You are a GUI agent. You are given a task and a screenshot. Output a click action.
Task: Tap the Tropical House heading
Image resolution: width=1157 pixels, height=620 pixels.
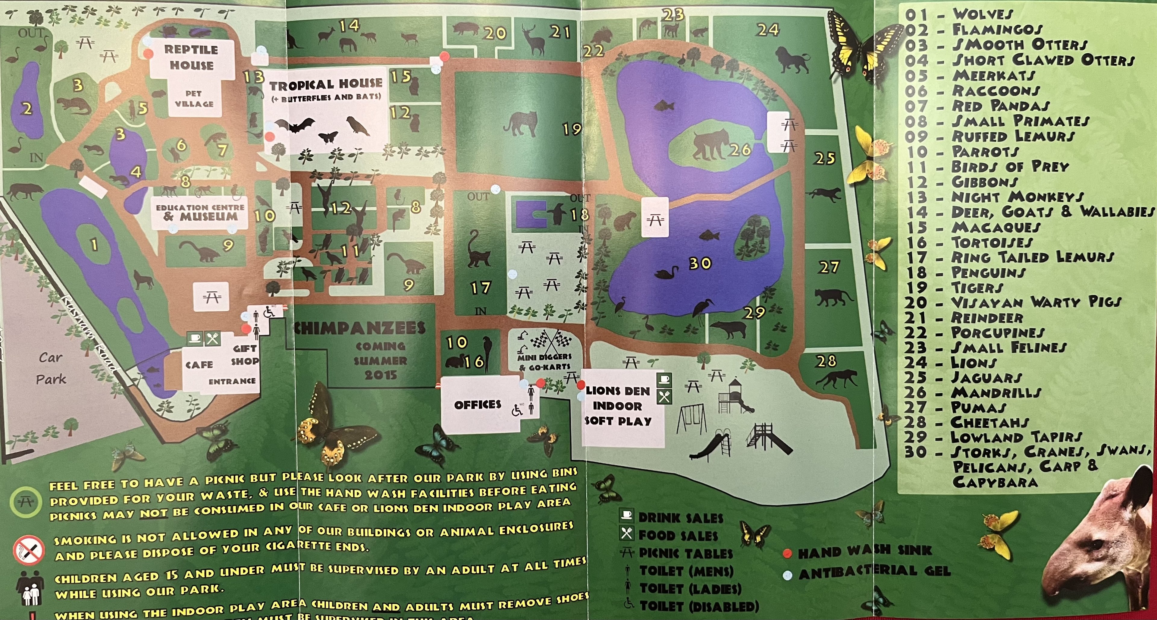(x=326, y=84)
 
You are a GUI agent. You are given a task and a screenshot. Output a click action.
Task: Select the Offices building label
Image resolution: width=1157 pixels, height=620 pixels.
(x=478, y=405)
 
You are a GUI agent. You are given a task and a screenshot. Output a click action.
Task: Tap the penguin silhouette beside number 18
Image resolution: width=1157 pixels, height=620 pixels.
(x=557, y=213)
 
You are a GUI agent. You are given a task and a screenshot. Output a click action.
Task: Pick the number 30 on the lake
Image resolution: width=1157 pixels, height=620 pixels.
(x=700, y=263)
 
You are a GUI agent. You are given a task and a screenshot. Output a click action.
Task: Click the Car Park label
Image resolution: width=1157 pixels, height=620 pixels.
(x=51, y=368)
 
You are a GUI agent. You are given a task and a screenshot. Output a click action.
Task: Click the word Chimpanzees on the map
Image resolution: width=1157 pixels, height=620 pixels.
(x=359, y=328)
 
